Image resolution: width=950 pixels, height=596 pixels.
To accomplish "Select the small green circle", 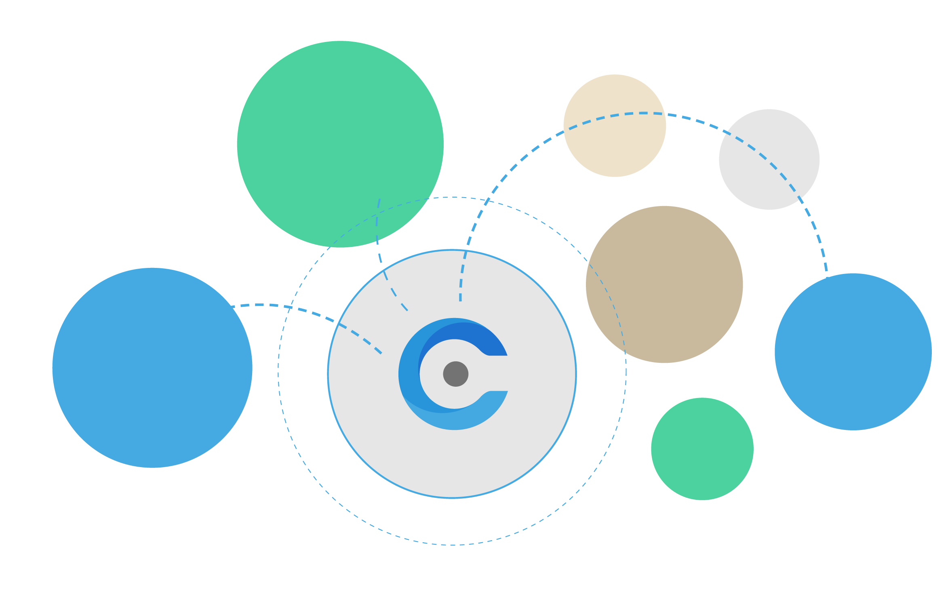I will (702, 449).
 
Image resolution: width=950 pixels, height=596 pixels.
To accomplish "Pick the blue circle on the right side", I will (853, 352).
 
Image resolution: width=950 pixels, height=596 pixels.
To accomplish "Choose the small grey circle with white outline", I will (769, 159).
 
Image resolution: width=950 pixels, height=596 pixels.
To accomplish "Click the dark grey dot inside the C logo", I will (456, 374).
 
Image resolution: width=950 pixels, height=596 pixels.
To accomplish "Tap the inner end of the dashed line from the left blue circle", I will (381, 353).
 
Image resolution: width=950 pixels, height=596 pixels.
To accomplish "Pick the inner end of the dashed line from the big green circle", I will (407, 310).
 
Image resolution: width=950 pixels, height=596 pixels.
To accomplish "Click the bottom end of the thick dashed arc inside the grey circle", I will (460, 300).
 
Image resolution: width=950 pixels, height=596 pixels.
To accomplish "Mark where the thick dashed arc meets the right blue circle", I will (827, 276).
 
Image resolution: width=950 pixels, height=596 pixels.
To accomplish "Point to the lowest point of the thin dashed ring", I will (452, 545).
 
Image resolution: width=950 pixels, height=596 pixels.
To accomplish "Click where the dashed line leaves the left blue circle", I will (231, 307).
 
